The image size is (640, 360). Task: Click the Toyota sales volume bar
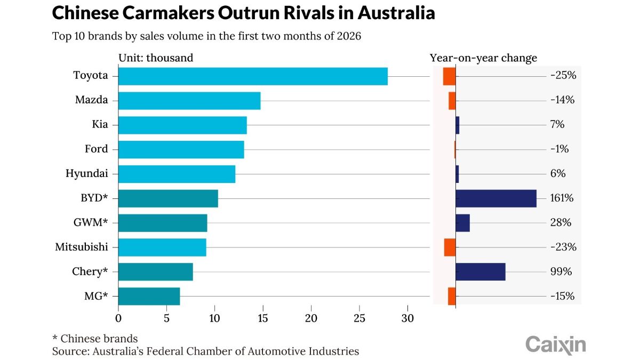pyautogui.click(x=253, y=76)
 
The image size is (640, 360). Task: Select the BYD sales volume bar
pyautogui.click(x=168, y=198)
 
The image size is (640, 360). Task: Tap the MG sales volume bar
pyautogui.click(x=149, y=297)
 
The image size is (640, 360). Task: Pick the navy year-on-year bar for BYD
pyautogui.click(x=496, y=198)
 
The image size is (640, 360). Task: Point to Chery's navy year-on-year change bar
pyautogui.click(x=481, y=271)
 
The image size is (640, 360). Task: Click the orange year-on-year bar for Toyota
pyautogui.click(x=449, y=76)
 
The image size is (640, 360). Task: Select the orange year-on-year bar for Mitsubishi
pyautogui.click(x=450, y=247)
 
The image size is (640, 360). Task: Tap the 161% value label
pyautogui.click(x=562, y=198)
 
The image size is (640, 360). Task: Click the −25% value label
pyautogui.click(x=563, y=76)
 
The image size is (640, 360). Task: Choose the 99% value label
pyautogui.click(x=561, y=272)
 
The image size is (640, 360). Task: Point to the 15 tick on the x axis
pyautogui.click(x=263, y=318)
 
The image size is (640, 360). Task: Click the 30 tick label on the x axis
pyautogui.click(x=408, y=318)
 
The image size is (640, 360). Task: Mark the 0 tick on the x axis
pyautogui.click(x=118, y=318)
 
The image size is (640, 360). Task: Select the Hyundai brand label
pyautogui.click(x=86, y=174)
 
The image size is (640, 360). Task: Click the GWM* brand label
pyautogui.click(x=90, y=223)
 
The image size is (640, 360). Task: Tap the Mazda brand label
pyautogui.click(x=91, y=100)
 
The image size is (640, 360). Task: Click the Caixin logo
pyautogui.click(x=555, y=344)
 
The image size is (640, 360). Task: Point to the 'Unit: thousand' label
pyautogui.click(x=156, y=58)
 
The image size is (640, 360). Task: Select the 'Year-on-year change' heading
pyautogui.click(x=483, y=58)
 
